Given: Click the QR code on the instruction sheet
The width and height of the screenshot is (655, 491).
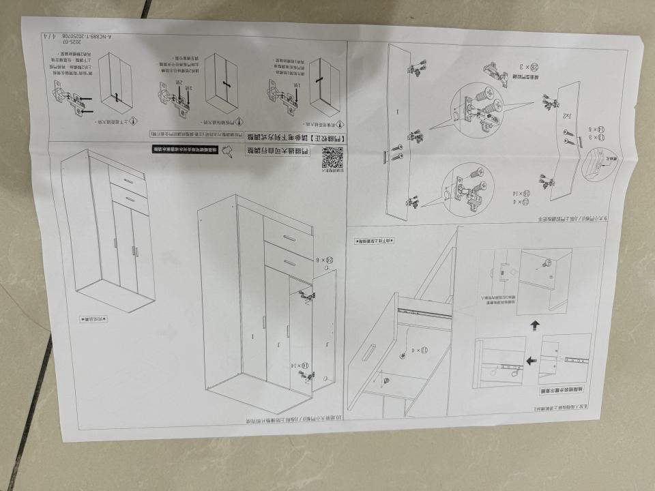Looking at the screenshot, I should click(330, 159).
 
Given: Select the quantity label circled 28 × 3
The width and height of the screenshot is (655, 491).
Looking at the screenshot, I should click(532, 66).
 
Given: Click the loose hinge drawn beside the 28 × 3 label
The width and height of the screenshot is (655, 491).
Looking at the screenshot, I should click(495, 71).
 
